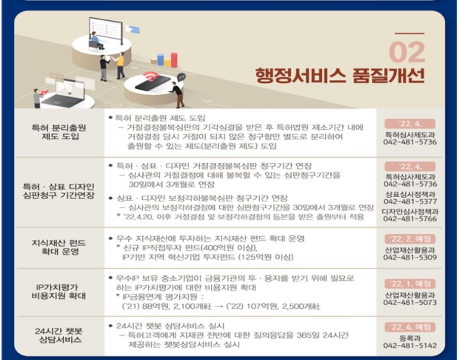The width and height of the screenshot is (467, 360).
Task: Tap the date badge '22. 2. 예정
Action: pyautogui.click(x=409, y=239)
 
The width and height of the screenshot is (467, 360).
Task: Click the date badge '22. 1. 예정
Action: pyautogui.click(x=409, y=284)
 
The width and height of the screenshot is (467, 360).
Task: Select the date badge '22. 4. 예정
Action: pyautogui.click(x=409, y=327)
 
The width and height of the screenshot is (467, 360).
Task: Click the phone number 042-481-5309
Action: pyautogui.click(x=410, y=257)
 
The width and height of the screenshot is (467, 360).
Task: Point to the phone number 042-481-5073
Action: pyautogui.click(x=410, y=302)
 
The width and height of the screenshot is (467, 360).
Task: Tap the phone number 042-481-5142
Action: pyautogui.click(x=410, y=346)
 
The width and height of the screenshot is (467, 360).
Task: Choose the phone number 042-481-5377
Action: pyautogui.click(x=410, y=201)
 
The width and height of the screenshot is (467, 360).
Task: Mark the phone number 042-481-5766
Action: pyautogui.click(x=410, y=218)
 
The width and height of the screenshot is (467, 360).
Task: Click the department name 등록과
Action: pyautogui.click(x=409, y=338)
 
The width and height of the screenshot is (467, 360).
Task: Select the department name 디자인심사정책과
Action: pyautogui.click(x=410, y=211)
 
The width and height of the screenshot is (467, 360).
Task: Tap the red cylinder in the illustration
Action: pyautogui.click(x=174, y=60)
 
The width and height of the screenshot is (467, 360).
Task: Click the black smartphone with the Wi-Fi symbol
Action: pyautogui.click(x=152, y=82)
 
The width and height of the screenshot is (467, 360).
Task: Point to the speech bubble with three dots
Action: pyautogui.click(x=181, y=76)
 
